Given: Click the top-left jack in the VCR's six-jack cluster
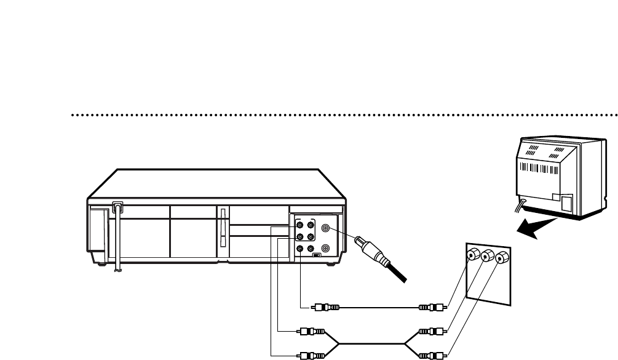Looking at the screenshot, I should (x=300, y=225).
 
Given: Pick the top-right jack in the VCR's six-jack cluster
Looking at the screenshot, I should (x=311, y=225).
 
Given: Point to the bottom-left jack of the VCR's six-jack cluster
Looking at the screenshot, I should (x=300, y=249).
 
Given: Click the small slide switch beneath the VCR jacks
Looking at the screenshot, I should (x=316, y=255).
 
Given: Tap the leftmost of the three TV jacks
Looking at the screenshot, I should (x=473, y=255).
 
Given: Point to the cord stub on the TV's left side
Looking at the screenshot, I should (x=521, y=206).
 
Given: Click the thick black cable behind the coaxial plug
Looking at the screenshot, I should (x=397, y=273).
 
